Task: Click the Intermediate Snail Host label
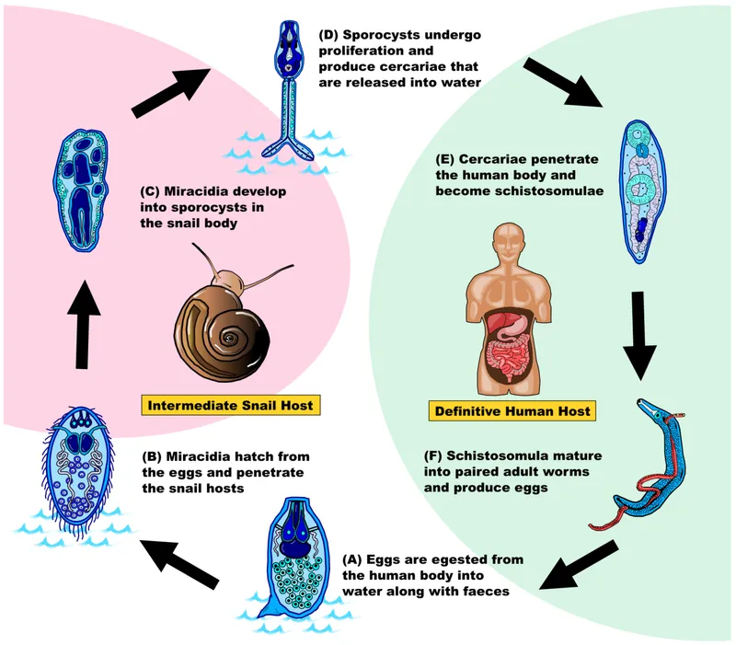(x=230, y=405)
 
